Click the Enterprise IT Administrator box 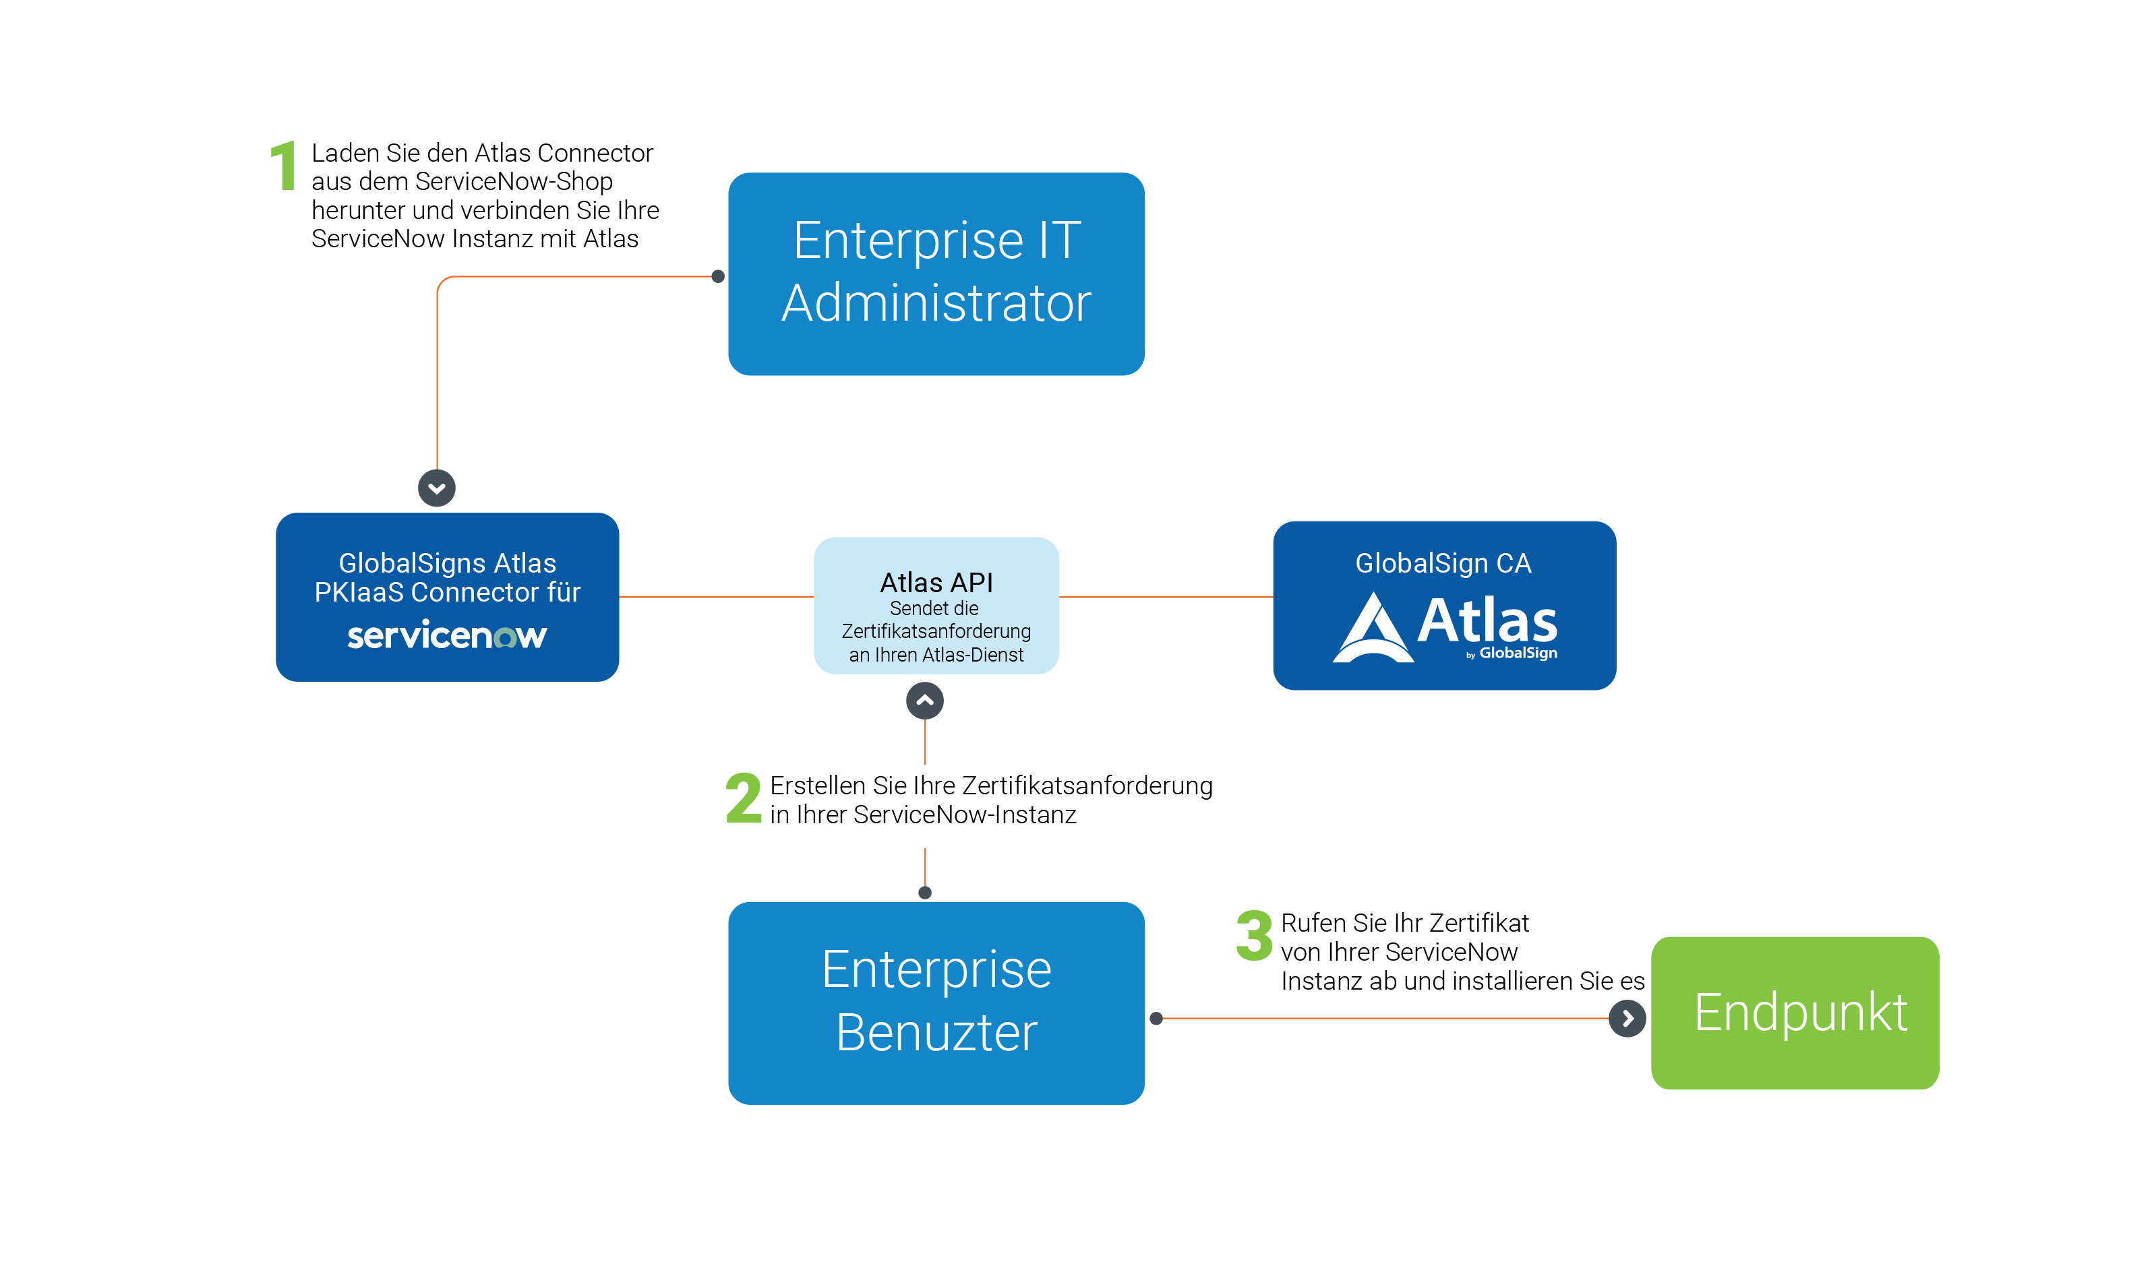936,274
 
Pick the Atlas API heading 936,582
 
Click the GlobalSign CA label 1443,563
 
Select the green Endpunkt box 1794,1013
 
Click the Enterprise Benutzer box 936,1002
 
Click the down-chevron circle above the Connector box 437,488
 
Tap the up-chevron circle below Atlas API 924,701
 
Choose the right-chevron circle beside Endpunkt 1627,1019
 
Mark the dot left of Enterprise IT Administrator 717,277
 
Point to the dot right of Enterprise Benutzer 1156,1019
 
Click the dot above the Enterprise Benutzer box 924,893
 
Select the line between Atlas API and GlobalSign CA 1165,597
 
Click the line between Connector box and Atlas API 716,597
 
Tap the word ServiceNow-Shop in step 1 514,181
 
